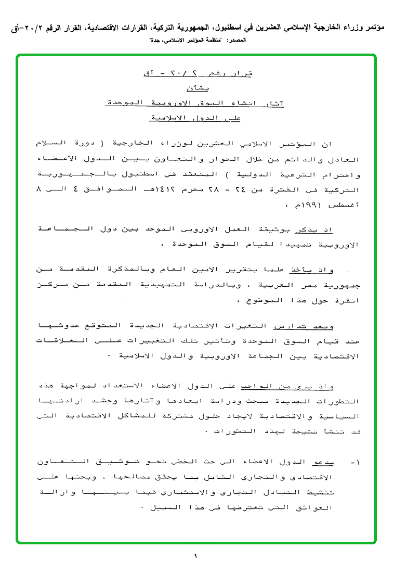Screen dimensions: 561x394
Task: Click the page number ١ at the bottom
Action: [196, 555]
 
